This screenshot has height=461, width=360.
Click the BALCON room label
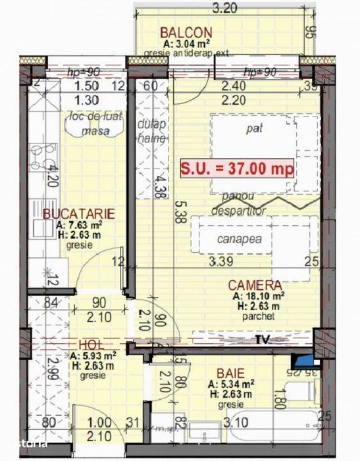point(186,33)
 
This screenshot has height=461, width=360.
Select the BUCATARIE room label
point(80,213)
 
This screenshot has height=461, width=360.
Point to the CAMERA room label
point(255,285)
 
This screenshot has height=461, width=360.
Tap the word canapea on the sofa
point(235,239)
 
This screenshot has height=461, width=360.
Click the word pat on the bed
point(253,130)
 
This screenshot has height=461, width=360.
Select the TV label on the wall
point(263,340)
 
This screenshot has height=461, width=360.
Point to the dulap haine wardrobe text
point(151,132)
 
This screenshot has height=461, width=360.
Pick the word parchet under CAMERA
point(256,317)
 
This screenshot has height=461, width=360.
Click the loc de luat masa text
point(95,124)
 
